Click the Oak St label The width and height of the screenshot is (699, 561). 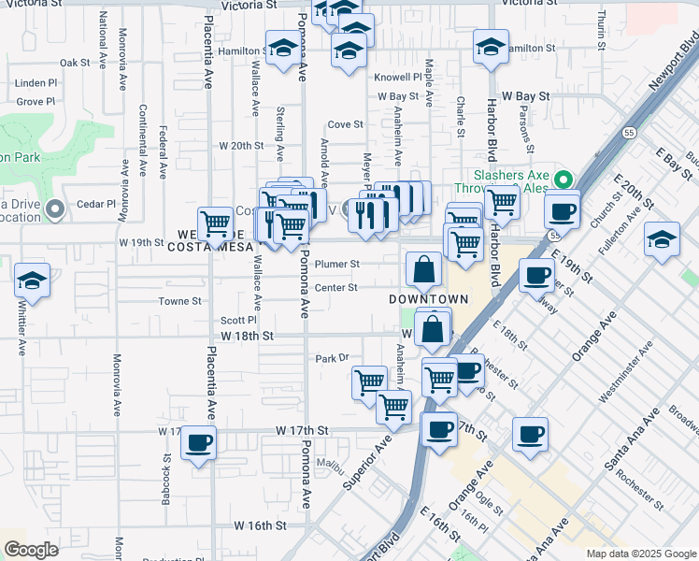click(74, 63)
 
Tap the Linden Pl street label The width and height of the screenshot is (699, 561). click(36, 83)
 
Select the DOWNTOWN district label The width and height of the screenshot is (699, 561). click(427, 298)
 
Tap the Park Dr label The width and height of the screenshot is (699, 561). click(331, 357)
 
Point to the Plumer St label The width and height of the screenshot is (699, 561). click(336, 264)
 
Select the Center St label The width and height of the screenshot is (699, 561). click(335, 287)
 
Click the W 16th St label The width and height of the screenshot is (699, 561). click(253, 526)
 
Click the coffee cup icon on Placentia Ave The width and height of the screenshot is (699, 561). click(198, 442)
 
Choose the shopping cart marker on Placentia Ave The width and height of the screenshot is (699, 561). click(216, 223)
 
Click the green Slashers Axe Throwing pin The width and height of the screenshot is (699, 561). click(563, 179)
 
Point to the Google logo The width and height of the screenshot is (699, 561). click(31, 550)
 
